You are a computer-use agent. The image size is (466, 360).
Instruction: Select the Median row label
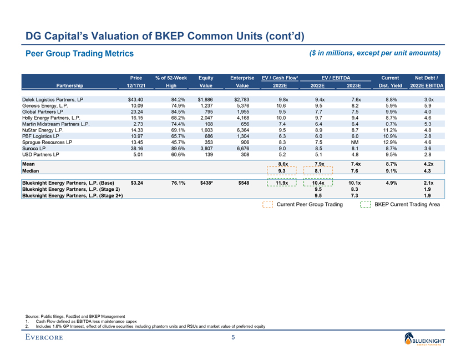click(x=31, y=171)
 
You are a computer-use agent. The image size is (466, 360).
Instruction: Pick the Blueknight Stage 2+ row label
click(x=71, y=195)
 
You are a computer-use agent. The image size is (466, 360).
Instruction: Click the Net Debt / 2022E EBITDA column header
click(x=426, y=82)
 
